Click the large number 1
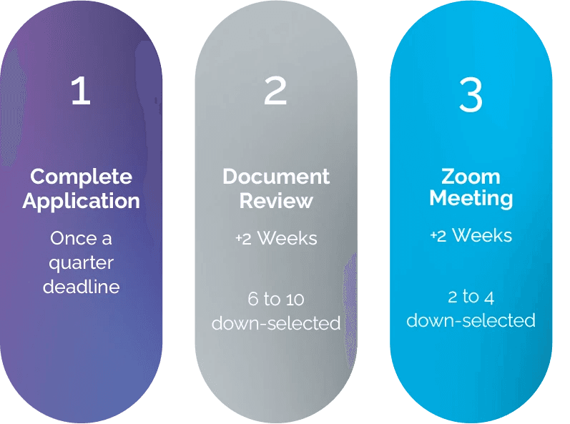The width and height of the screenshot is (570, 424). tap(81, 91)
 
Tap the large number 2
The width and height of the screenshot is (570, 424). tap(275, 91)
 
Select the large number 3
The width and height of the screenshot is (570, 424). tap(471, 94)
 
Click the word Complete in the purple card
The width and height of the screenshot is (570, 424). tap(82, 177)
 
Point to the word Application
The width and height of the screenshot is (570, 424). tap(81, 201)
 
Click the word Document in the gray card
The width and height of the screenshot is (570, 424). tap(276, 177)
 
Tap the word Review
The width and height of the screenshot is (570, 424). tap(276, 201)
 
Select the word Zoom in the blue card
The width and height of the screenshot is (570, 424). tap(471, 176)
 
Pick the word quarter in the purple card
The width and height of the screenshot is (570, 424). tap(81, 262)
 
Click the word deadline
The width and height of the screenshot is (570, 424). tap(81, 287)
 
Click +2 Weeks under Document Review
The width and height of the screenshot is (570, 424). tap(276, 238)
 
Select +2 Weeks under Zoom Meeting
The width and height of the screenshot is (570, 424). tap(471, 235)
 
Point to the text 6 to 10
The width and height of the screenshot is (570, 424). tap(276, 299)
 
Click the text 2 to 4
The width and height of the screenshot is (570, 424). tap(471, 296)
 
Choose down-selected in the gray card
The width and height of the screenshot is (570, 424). tap(276, 323)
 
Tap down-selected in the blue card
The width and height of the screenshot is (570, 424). tap(471, 320)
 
